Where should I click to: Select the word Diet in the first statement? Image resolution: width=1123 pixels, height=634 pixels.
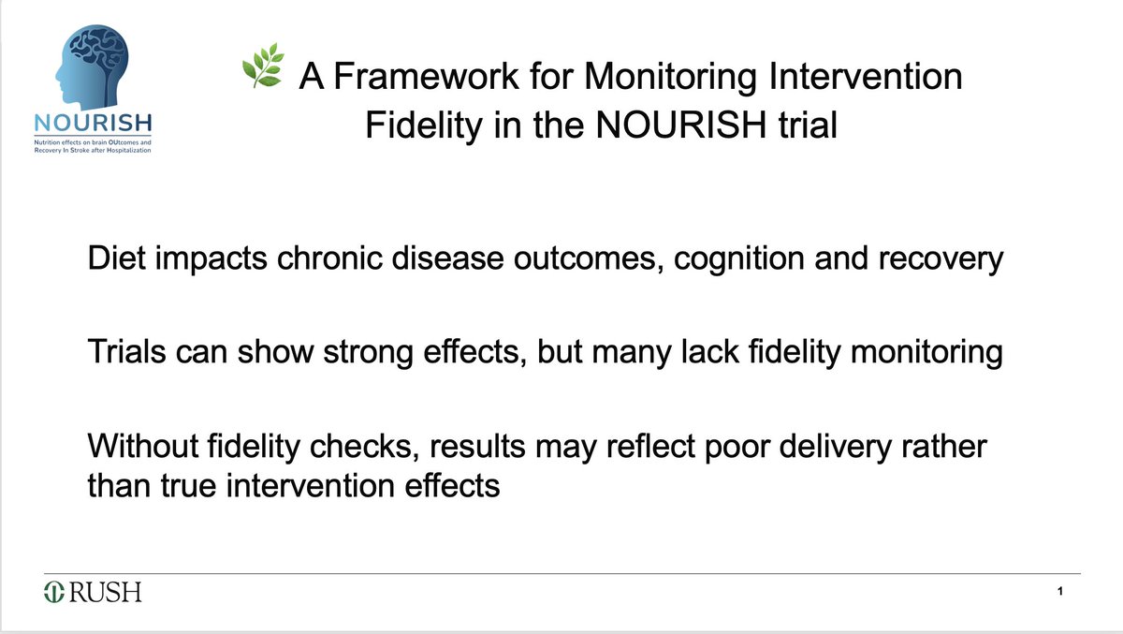pos(113,259)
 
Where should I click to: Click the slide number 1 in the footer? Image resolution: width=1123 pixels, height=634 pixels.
pos(1058,592)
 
